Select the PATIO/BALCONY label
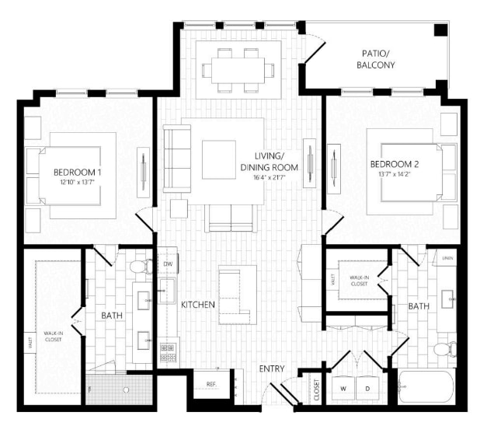click(x=378, y=60)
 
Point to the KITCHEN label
click(x=197, y=306)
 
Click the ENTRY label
click(x=272, y=368)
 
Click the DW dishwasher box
click(x=168, y=264)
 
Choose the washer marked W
click(x=344, y=388)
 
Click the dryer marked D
click(x=369, y=388)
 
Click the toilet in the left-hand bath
click(x=141, y=267)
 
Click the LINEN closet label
click(x=447, y=257)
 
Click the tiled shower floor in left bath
click(x=117, y=390)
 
